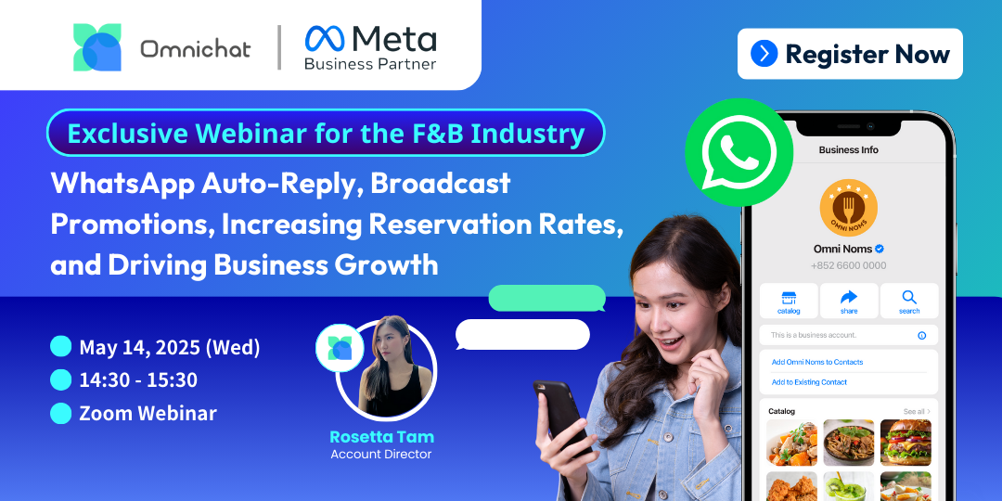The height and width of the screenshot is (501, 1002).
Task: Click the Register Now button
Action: [850, 54]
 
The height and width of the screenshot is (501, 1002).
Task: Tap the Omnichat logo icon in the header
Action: [97, 47]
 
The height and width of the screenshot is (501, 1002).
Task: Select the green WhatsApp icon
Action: [739, 151]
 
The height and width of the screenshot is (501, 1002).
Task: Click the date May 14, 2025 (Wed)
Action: [170, 348]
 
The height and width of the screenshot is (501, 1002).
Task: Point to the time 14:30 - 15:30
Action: [138, 380]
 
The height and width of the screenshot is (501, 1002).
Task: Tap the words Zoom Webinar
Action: [148, 413]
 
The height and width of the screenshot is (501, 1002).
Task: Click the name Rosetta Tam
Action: [381, 437]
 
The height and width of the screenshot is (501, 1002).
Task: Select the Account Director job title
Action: [381, 455]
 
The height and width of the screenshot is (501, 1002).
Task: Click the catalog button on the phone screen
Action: [789, 301]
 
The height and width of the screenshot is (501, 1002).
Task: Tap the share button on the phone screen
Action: [849, 301]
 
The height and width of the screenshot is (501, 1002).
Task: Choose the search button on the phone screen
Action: [908, 301]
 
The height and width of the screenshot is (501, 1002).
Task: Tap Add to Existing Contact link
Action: [809, 382]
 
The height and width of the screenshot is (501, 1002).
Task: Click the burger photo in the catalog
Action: [906, 443]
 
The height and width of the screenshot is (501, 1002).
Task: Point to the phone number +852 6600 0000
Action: [848, 266]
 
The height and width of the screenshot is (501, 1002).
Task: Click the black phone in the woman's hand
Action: [560, 416]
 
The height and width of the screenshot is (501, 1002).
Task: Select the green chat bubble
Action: [547, 299]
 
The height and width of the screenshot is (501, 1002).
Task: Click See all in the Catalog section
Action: [917, 412]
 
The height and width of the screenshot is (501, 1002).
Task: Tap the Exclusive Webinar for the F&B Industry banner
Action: [326, 133]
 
